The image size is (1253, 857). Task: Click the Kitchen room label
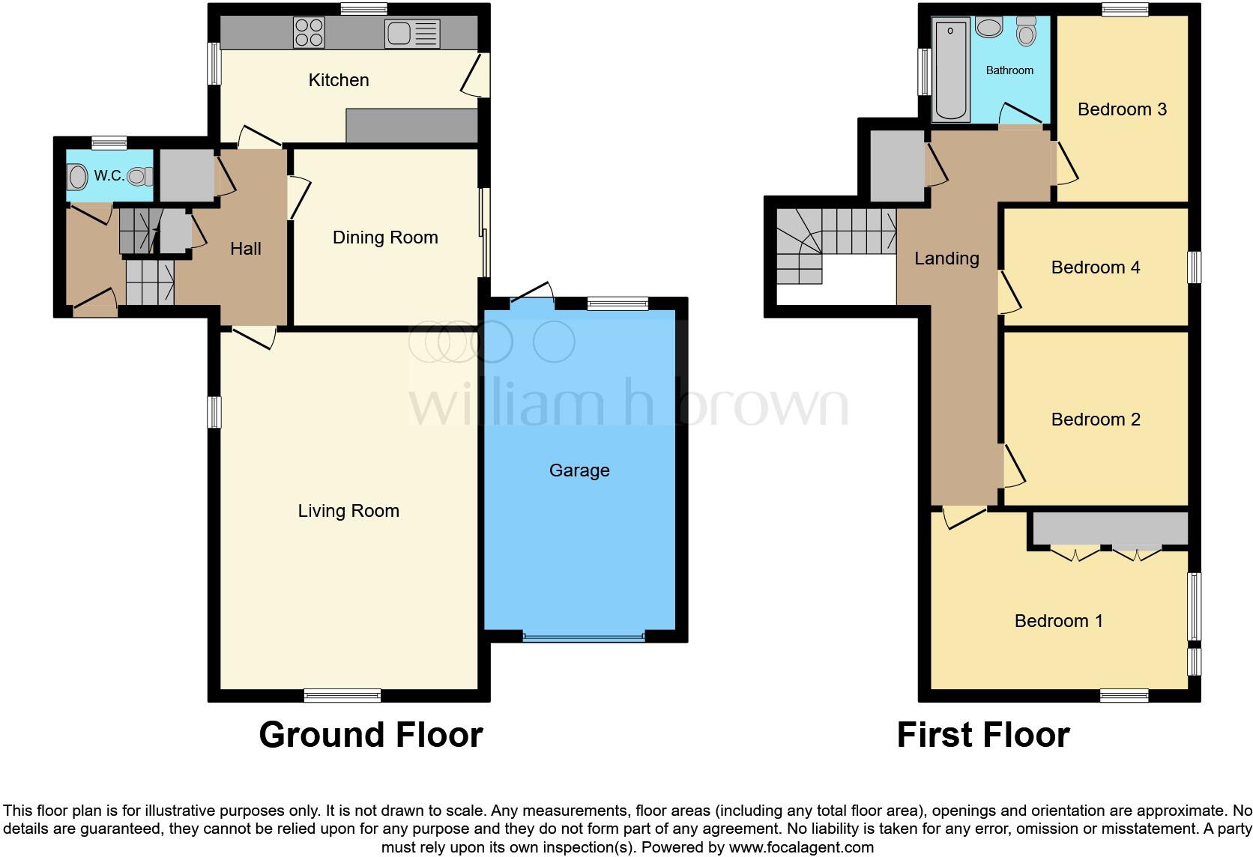tap(339, 80)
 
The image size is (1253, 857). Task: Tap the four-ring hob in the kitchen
tap(309, 33)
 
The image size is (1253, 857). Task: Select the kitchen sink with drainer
tap(411, 34)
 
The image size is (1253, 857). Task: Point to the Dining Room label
tap(385, 237)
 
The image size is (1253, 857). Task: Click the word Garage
tap(579, 470)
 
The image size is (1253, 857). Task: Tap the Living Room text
tap(348, 511)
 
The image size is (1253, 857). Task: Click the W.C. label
tap(109, 176)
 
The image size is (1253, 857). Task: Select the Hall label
tap(246, 249)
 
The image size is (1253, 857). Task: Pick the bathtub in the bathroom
tap(951, 70)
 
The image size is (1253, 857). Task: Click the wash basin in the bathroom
tap(989, 28)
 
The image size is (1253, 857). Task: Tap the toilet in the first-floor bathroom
tap(1026, 31)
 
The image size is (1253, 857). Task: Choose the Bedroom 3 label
tap(1122, 109)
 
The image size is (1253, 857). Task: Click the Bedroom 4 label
tap(1096, 267)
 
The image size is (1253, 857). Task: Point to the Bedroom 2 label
tap(1096, 420)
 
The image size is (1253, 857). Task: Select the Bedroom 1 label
tap(1058, 621)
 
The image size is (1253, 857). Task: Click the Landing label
tap(946, 258)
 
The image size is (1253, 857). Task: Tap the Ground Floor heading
tap(370, 735)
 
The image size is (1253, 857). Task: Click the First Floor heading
tap(982, 735)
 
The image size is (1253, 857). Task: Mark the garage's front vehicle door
tap(583, 637)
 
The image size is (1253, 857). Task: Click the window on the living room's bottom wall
tap(342, 695)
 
